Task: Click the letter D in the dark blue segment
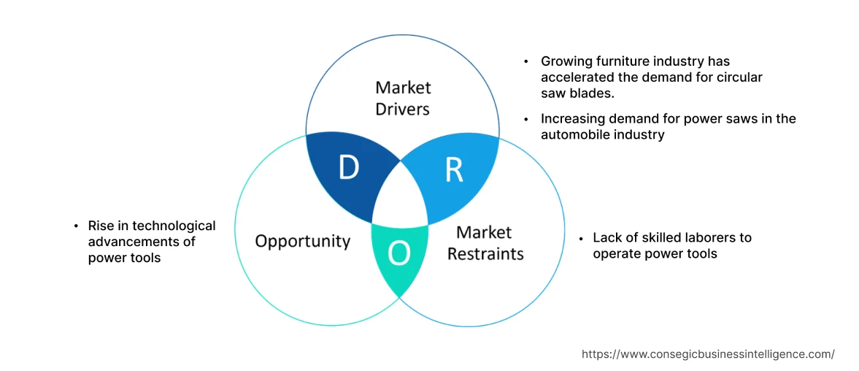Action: [x=350, y=169]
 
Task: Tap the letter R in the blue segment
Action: [x=453, y=169]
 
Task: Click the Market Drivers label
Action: [x=403, y=99]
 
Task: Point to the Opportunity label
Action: [x=302, y=241]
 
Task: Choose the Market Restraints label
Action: [x=485, y=243]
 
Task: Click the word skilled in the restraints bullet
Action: [x=648, y=237]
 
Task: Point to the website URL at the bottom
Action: [x=708, y=353]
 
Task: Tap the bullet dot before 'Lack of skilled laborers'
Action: [x=581, y=238]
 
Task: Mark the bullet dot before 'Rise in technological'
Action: [x=76, y=226]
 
